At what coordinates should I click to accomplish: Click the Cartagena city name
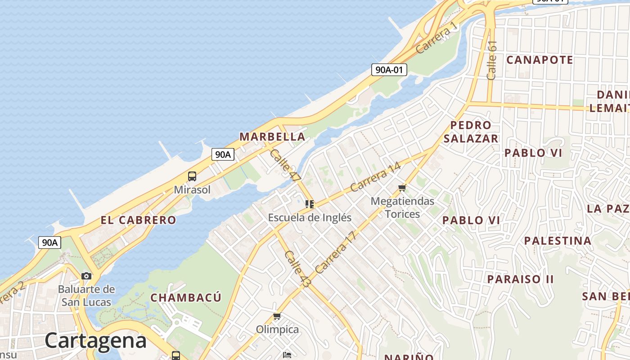[x=95, y=341]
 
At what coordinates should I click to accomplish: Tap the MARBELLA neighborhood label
[x=272, y=136]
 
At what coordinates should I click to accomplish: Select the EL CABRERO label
[x=138, y=220]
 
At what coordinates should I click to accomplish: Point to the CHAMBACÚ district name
[x=186, y=297]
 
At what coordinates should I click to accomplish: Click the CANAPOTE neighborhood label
[x=540, y=60]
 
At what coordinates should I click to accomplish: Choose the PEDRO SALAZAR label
[x=471, y=132]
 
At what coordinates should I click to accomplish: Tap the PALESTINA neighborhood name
[x=558, y=241]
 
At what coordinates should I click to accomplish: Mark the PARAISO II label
[x=520, y=279]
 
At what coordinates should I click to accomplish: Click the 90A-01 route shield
[x=389, y=70]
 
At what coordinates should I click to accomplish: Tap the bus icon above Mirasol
[x=192, y=176]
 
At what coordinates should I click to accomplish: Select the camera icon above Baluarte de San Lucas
[x=86, y=276]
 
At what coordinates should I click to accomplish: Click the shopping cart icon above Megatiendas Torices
[x=402, y=188]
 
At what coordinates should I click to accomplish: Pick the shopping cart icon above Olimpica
[x=277, y=317]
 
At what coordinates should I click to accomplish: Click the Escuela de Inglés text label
[x=310, y=218]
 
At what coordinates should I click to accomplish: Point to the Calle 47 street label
[x=285, y=166]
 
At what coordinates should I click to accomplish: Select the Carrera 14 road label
[x=375, y=177]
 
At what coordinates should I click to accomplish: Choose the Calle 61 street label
[x=492, y=60]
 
